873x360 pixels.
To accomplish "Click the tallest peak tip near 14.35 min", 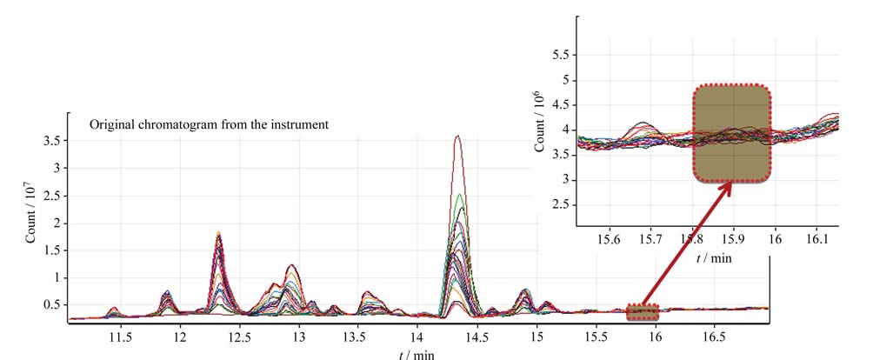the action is click(x=457, y=136).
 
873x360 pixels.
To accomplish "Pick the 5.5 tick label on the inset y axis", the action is click(x=559, y=56).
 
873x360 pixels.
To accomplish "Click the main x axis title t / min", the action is click(x=417, y=355).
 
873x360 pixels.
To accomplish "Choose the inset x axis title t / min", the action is click(x=714, y=258).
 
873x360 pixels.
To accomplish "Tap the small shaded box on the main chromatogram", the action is click(x=642, y=312).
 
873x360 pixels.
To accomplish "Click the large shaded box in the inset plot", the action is click(x=732, y=134).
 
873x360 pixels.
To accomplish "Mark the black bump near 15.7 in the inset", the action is click(x=644, y=123).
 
